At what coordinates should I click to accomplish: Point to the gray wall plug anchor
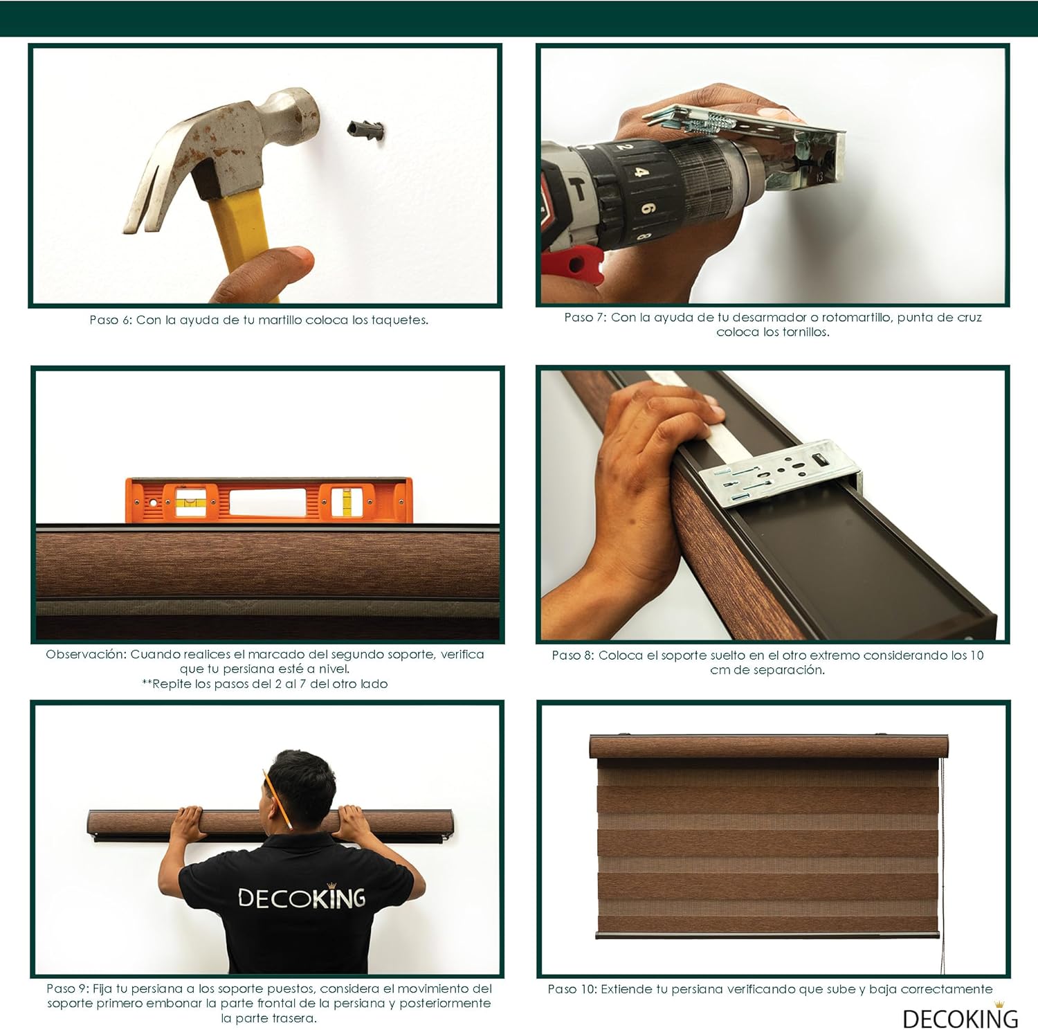[x=365, y=129]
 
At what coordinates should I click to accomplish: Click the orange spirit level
[x=268, y=500]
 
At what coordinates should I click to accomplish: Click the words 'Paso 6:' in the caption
[x=111, y=320]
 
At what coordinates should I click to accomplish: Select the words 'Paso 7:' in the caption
[x=585, y=317]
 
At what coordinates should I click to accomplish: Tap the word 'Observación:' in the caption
[x=86, y=654]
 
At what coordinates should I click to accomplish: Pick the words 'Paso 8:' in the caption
[x=573, y=655]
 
